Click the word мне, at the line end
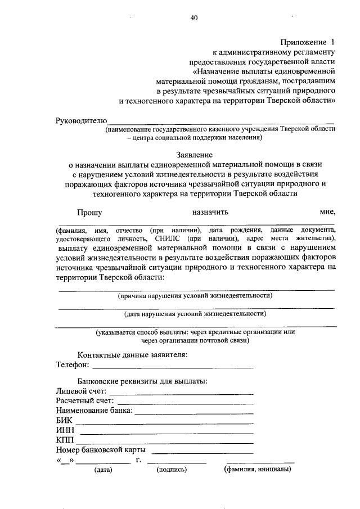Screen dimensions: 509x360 coord(328,212)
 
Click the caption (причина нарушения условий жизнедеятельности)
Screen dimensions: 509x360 coord(195,295)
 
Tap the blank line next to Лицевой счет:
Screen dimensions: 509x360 coord(181,393)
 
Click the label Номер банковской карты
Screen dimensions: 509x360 coord(101,450)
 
